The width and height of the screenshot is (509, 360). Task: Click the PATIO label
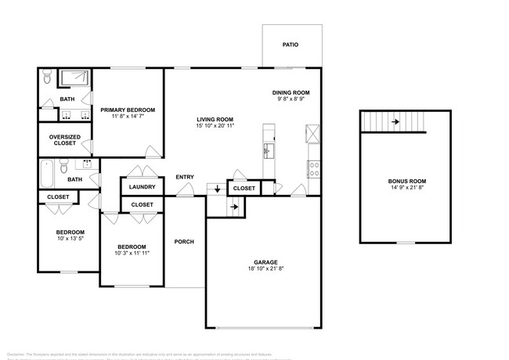(290, 45)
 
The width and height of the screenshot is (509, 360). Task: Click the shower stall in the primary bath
(75, 77)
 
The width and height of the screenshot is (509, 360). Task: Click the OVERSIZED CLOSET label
(65, 139)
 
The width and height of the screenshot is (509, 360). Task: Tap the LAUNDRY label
(142, 187)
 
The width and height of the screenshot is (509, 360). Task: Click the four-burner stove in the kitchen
(314, 166)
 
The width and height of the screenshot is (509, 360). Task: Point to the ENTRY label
(185, 177)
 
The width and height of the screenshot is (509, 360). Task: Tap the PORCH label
(184, 241)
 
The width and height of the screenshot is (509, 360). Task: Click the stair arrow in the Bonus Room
(395, 121)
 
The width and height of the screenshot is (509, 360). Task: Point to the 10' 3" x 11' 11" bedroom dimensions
(132, 253)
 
